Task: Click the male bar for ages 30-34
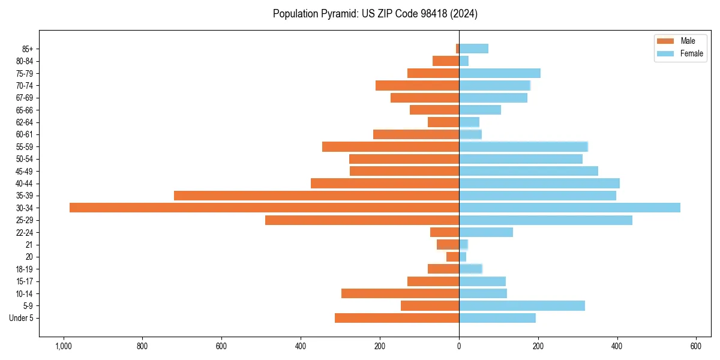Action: pos(264,208)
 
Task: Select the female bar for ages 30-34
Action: pos(569,208)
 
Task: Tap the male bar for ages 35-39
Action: pos(316,196)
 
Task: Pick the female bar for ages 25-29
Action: pos(545,220)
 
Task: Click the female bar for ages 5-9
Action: pos(522,306)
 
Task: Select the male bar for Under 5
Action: pos(397,318)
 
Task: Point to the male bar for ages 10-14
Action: pos(400,293)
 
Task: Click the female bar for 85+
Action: pos(474,49)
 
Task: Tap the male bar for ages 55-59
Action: pos(391,146)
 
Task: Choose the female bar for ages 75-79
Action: pos(500,73)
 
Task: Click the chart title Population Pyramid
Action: pos(375,14)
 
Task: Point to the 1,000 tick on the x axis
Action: pos(63,346)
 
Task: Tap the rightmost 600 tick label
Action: pos(696,346)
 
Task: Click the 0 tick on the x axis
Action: pos(459,346)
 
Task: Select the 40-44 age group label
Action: pos(25,184)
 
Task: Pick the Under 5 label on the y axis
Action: pos(22,318)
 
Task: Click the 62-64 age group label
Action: pos(25,122)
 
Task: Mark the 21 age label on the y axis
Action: pos(29,245)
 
